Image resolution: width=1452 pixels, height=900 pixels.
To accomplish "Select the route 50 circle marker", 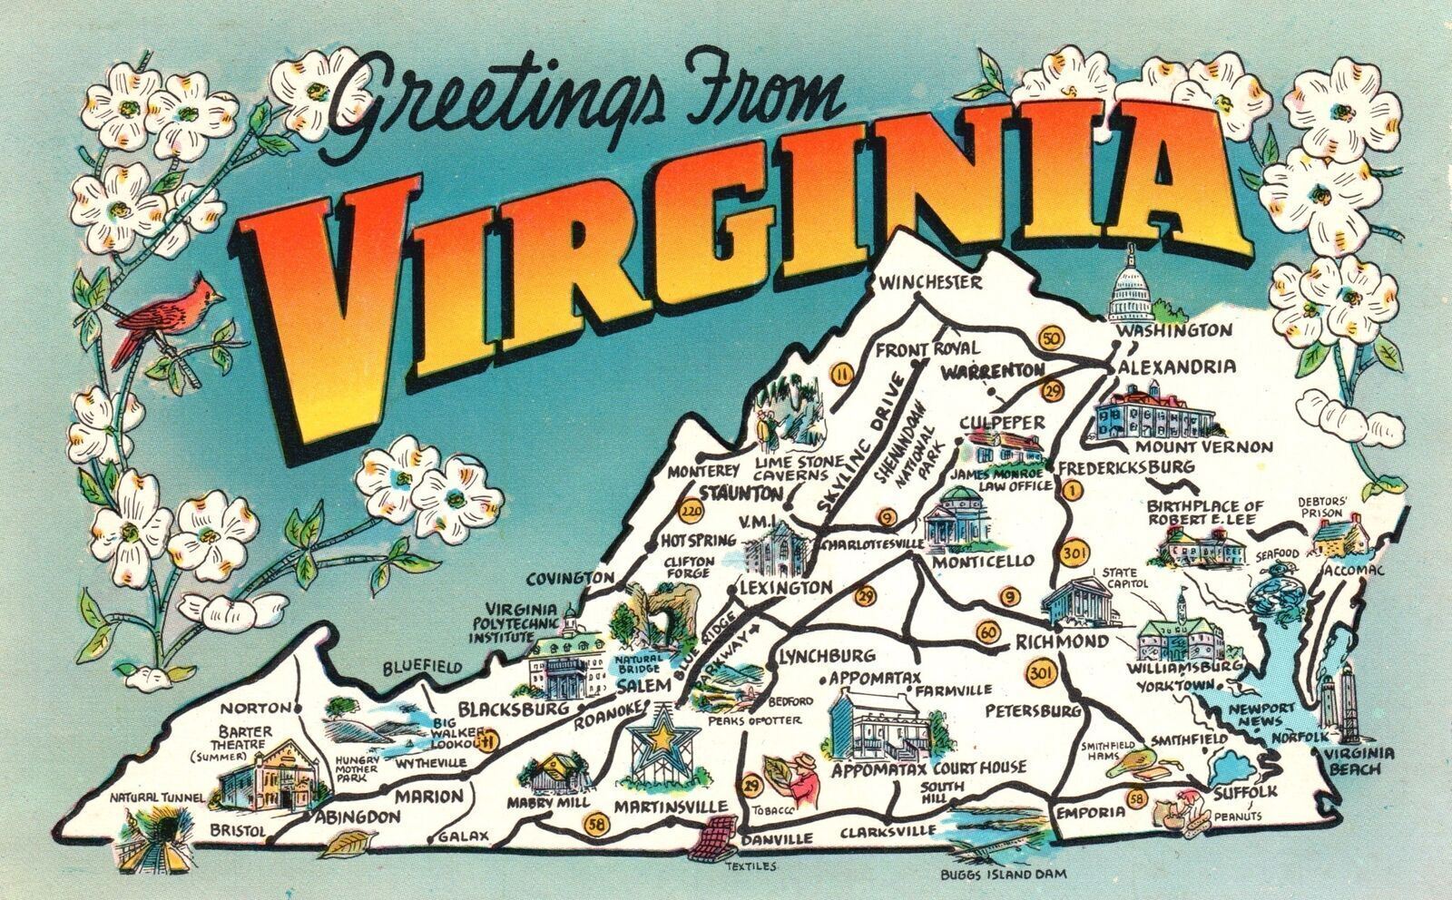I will click(1053, 339).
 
